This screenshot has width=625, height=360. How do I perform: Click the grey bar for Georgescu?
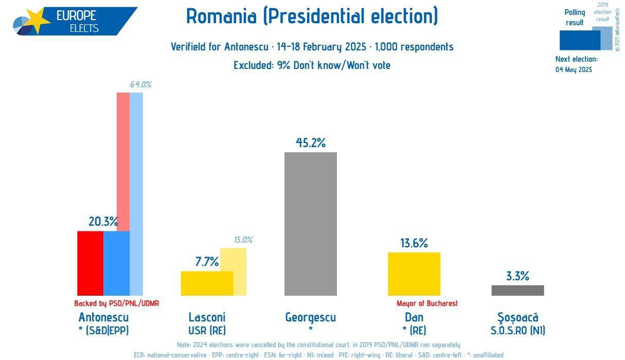coord(310,224)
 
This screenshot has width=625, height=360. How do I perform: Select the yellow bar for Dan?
coord(414,274)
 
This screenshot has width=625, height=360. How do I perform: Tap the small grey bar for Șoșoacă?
coord(517,291)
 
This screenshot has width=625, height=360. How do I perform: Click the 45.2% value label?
coord(310,142)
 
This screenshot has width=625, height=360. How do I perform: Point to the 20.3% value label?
coord(103,222)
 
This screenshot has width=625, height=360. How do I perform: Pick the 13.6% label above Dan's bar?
coord(414,243)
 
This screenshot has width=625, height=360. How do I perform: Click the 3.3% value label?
coord(517,276)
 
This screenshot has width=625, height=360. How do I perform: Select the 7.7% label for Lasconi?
coord(207,262)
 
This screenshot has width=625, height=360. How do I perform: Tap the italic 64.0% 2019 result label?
coord(140,84)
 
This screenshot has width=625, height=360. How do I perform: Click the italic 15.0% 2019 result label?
coord(243,240)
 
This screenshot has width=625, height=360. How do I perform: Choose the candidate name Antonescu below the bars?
coord(103,317)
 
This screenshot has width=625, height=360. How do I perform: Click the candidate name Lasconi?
coord(207,317)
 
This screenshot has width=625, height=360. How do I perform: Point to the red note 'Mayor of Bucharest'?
coord(427,303)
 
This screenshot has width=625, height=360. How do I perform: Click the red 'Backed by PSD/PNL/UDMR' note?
coord(116,303)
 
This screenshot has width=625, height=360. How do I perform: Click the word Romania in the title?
coord(221,16)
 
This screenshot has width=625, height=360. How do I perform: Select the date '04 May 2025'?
coord(574,69)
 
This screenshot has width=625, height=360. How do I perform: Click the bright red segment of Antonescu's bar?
coord(90,263)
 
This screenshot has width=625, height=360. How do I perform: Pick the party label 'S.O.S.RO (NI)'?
coord(517,330)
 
